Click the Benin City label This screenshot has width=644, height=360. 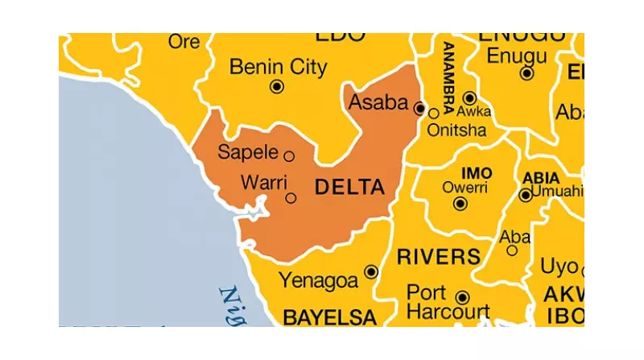(279, 66)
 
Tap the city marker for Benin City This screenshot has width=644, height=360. (277, 87)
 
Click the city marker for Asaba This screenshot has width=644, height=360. (419, 107)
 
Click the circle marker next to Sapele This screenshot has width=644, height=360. (289, 156)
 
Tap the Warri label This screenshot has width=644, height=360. (263, 184)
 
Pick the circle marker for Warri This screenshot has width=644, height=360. (291, 197)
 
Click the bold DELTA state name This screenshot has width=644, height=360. (349, 188)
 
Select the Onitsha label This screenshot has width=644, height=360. (457, 130)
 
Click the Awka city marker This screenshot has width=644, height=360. (469, 97)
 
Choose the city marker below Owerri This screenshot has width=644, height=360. (460, 204)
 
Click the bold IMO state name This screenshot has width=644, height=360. (476, 173)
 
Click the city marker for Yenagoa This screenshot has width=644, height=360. (371, 272)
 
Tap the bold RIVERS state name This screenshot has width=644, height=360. (439, 257)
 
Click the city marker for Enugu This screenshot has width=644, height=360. (527, 73)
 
